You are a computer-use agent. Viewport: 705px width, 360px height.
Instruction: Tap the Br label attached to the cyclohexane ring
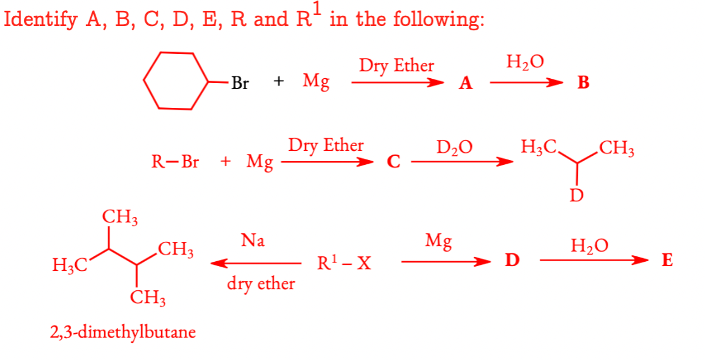click(x=240, y=84)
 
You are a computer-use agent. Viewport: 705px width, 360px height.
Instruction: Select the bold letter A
click(x=465, y=84)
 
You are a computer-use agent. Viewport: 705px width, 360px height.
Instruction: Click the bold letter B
click(x=583, y=84)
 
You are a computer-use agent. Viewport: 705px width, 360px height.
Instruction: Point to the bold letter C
click(x=394, y=162)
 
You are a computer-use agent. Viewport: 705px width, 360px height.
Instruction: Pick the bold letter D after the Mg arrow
click(x=512, y=261)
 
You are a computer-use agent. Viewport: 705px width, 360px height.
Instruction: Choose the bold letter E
click(x=667, y=261)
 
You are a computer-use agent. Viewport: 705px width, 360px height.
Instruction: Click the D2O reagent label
click(x=455, y=147)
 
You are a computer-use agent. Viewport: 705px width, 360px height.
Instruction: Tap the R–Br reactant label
click(x=175, y=162)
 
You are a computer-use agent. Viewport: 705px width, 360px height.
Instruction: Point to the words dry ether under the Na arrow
click(x=261, y=283)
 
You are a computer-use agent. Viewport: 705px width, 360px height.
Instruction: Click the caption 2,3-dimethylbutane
click(x=123, y=332)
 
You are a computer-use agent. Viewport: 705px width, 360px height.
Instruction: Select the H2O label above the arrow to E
click(x=589, y=245)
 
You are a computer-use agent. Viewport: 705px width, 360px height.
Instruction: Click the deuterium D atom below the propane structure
click(x=577, y=195)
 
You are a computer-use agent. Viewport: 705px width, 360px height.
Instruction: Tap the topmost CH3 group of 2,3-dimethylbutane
click(x=119, y=216)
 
